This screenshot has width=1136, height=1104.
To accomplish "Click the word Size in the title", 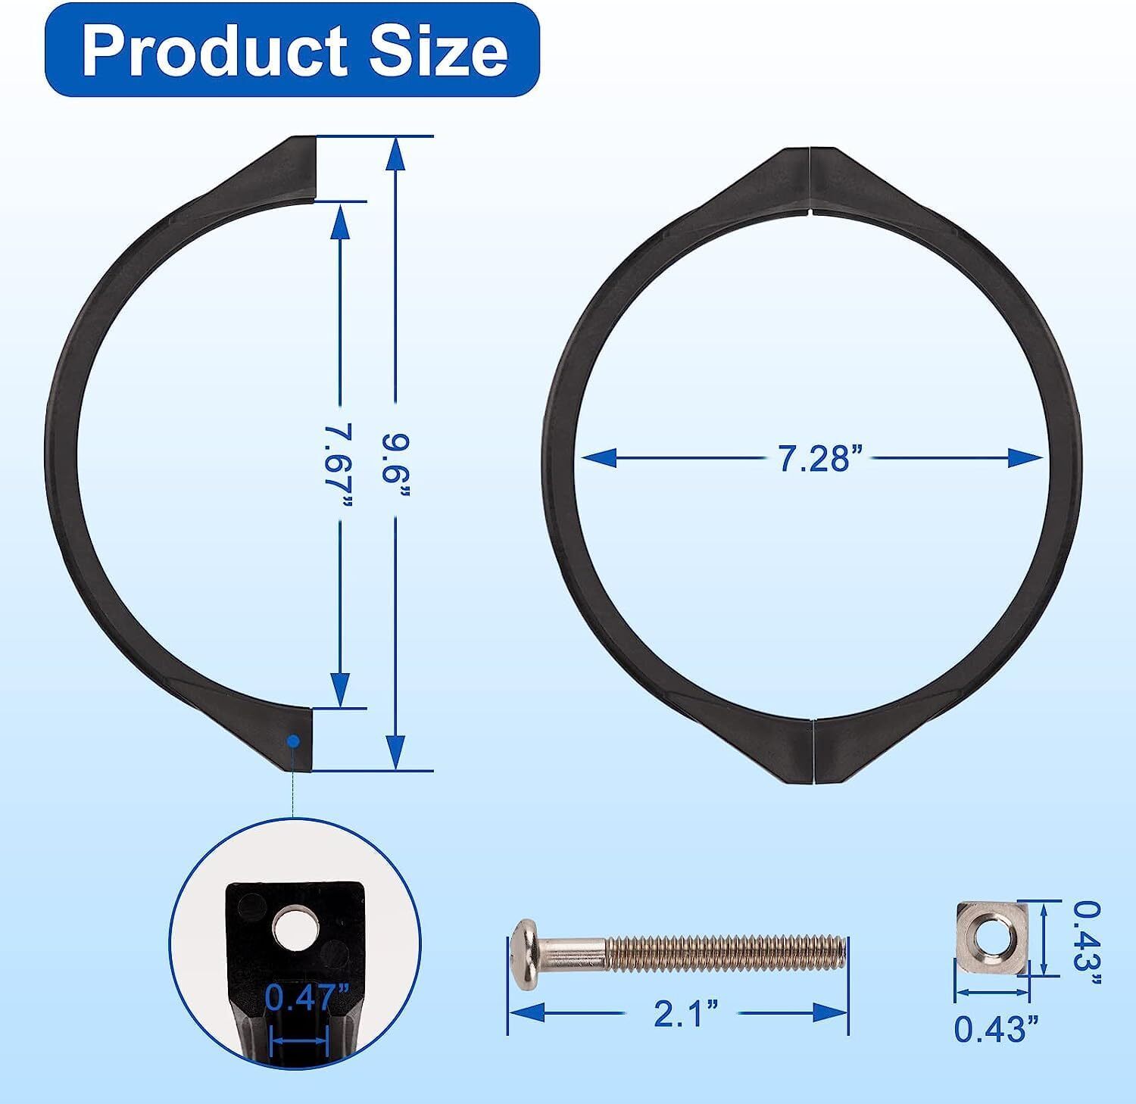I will (x=440, y=50).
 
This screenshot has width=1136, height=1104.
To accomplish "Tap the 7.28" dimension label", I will (x=821, y=459).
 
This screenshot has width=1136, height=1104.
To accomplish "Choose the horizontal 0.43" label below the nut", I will (x=996, y=1029).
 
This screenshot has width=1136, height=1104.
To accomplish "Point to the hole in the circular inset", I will (x=292, y=931).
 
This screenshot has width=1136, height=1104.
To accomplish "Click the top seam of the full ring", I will (x=810, y=182).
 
